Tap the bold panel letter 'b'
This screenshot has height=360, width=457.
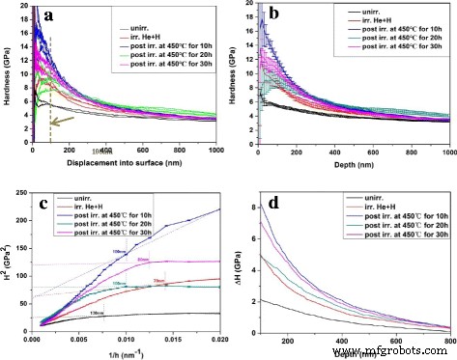point(275,15)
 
